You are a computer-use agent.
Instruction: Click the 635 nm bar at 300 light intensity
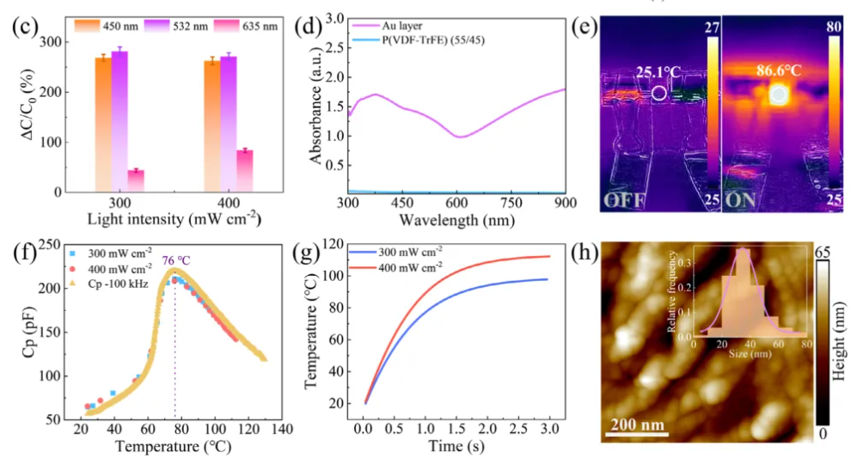click(136, 181)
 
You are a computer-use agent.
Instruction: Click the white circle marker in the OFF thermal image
click(658, 93)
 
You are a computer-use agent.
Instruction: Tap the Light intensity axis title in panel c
click(174, 220)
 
